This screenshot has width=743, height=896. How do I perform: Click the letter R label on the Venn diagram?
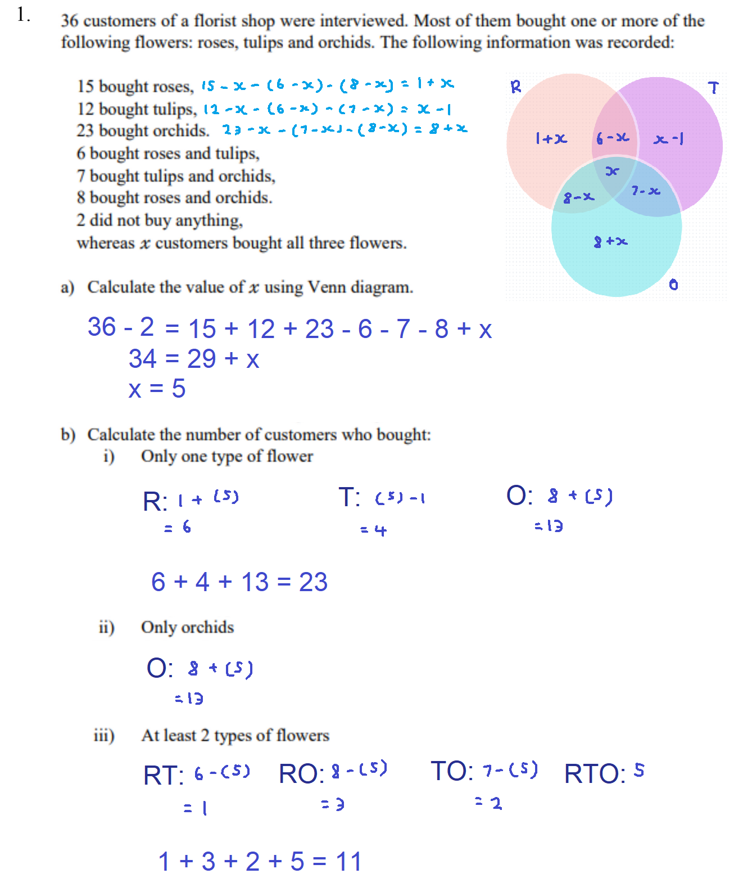click(x=516, y=87)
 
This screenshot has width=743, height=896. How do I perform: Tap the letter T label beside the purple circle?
click(x=713, y=88)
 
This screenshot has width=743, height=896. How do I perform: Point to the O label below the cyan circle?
click(x=673, y=285)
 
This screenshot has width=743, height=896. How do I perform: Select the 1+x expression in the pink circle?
click(x=551, y=138)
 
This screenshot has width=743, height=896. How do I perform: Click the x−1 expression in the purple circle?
click(x=668, y=138)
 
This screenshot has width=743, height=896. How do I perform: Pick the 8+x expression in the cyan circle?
click(x=610, y=242)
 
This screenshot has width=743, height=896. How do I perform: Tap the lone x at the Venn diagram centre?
click(x=612, y=171)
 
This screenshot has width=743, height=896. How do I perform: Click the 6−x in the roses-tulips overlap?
click(x=612, y=138)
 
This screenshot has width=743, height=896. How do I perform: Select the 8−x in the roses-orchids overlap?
click(x=578, y=197)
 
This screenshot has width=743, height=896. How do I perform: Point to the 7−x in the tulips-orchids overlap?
click(x=645, y=191)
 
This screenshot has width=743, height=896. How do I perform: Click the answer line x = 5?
click(x=157, y=389)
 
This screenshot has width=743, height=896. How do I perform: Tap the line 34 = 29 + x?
click(x=193, y=359)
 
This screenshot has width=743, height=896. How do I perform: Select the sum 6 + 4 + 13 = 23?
click(x=239, y=582)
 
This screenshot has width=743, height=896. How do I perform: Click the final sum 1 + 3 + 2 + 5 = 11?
click(x=260, y=861)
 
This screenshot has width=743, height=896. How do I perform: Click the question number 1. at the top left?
click(x=23, y=15)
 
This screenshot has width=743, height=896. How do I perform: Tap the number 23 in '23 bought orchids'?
click(x=85, y=130)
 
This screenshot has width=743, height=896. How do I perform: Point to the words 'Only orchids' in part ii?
click(x=187, y=627)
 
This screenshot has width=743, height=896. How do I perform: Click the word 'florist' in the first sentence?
click(x=215, y=21)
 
